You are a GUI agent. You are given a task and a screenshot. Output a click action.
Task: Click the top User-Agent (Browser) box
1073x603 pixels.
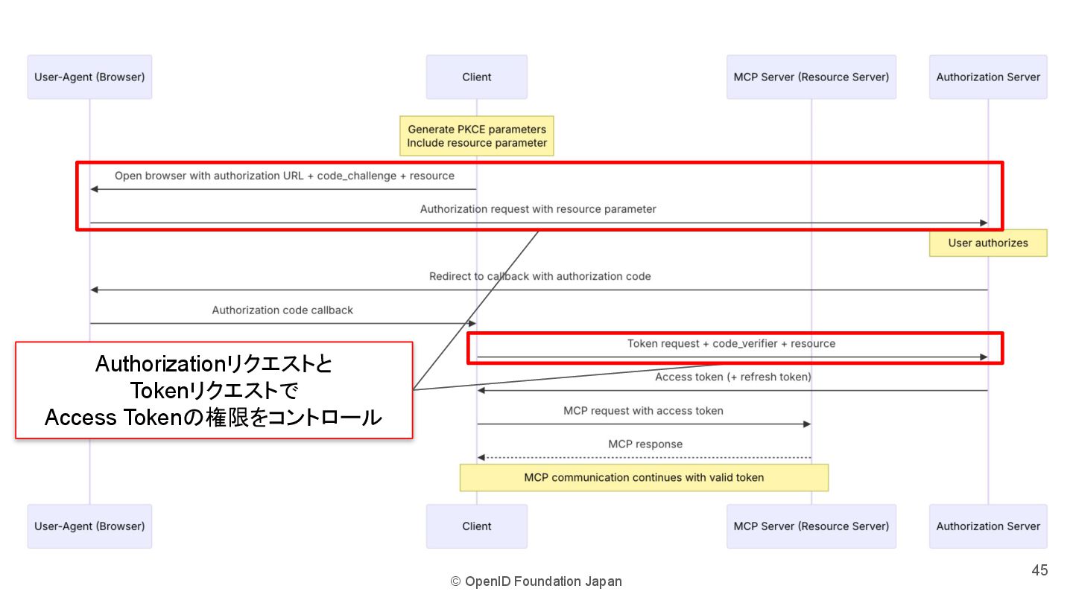pos(89,77)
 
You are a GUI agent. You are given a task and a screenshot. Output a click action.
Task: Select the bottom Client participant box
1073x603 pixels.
pos(477,526)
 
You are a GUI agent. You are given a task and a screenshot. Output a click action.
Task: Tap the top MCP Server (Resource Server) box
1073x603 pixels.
pos(811,77)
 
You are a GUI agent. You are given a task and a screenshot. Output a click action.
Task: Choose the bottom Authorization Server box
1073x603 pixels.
pos(988,526)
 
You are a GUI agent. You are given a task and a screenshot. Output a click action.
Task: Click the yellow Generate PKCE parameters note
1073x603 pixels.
pos(477,135)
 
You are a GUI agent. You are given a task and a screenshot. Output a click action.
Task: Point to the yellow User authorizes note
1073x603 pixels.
pos(988,243)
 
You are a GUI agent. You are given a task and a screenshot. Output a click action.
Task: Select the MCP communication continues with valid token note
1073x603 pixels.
pos(644,477)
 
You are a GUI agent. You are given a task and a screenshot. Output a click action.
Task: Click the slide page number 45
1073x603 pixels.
pos(1039,570)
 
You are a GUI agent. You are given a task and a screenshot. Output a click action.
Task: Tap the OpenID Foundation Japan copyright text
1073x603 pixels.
pos(536,581)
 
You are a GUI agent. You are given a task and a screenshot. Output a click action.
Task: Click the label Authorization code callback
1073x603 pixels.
pos(282,310)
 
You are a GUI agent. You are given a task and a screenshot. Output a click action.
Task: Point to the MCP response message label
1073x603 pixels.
pos(645,444)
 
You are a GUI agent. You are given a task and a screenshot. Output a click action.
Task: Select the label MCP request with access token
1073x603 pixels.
pos(643,410)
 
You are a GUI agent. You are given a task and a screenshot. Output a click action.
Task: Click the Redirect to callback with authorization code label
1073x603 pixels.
pos(540,276)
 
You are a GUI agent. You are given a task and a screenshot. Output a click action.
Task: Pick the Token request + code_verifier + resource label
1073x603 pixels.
pos(731,343)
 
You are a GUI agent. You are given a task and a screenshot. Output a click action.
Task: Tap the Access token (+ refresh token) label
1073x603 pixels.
pos(733,377)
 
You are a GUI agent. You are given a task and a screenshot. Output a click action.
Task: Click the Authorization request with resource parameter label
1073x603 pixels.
pos(538,209)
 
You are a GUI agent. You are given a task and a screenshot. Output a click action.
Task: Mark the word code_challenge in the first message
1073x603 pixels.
pos(357,176)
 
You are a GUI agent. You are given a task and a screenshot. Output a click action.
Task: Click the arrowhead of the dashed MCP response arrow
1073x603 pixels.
pos(481,457)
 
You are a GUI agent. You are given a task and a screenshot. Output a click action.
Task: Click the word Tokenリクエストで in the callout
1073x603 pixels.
pos(214,391)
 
